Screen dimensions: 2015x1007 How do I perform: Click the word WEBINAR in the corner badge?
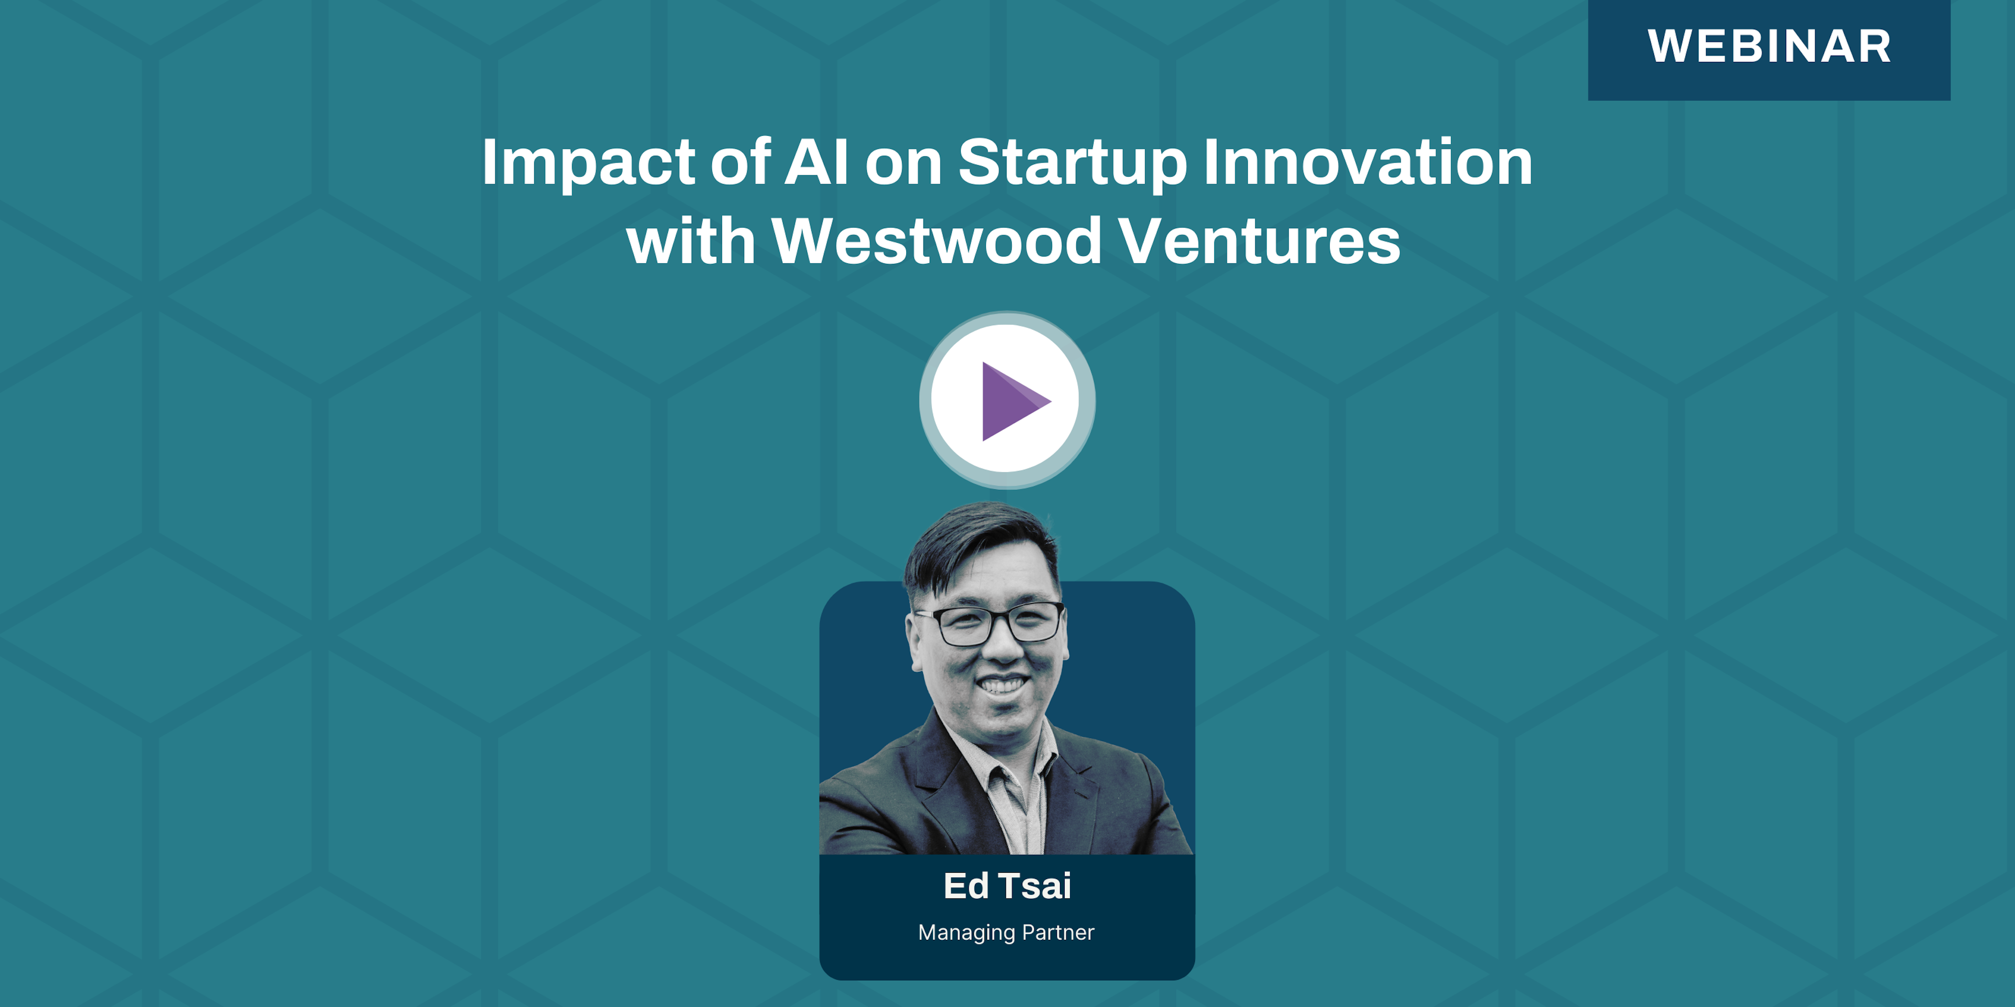(1769, 46)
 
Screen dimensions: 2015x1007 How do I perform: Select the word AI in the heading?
(816, 162)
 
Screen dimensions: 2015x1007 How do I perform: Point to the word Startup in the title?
(1073, 163)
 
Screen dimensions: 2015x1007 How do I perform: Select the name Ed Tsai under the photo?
(1007, 886)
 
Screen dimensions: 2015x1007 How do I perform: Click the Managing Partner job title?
(1006, 933)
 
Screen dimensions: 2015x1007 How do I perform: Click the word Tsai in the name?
(1035, 886)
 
